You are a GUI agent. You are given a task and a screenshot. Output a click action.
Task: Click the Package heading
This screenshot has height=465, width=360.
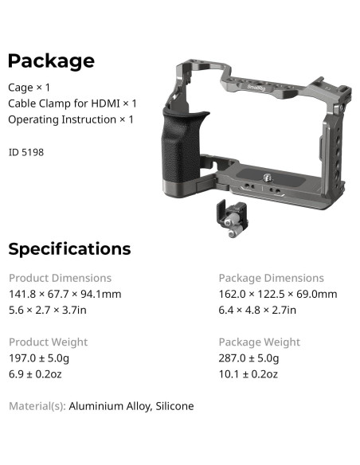coord(51,61)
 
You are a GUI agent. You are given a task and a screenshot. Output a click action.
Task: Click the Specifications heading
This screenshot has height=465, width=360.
coord(69,249)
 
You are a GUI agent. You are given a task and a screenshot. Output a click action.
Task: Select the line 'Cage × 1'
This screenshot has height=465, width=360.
coord(29,87)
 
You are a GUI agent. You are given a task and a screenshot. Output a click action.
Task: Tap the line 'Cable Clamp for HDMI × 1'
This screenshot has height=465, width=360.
coord(72,103)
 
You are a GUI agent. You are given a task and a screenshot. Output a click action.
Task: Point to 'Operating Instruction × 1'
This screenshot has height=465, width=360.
coord(71,119)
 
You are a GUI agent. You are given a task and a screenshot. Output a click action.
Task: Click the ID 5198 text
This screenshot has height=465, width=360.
coord(26,151)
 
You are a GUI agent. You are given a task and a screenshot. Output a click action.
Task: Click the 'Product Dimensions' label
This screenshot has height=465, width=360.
coord(60,278)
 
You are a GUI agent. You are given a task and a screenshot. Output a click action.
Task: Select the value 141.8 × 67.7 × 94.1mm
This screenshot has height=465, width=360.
coord(65,294)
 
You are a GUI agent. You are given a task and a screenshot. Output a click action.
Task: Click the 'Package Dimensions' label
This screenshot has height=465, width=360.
coord(271,278)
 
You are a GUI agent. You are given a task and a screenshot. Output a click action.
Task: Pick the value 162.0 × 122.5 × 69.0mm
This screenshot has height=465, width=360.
coord(277,294)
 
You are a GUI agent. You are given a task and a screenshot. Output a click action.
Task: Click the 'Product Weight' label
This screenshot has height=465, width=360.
coord(48,342)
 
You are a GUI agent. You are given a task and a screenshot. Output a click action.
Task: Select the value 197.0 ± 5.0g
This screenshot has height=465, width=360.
coord(43,358)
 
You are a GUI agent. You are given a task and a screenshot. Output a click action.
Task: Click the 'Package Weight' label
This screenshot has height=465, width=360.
coord(259,342)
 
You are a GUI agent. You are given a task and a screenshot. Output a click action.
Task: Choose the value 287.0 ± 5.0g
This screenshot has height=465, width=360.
coord(253,358)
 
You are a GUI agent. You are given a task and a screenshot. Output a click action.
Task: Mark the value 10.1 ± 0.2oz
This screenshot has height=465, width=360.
coord(248,373)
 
